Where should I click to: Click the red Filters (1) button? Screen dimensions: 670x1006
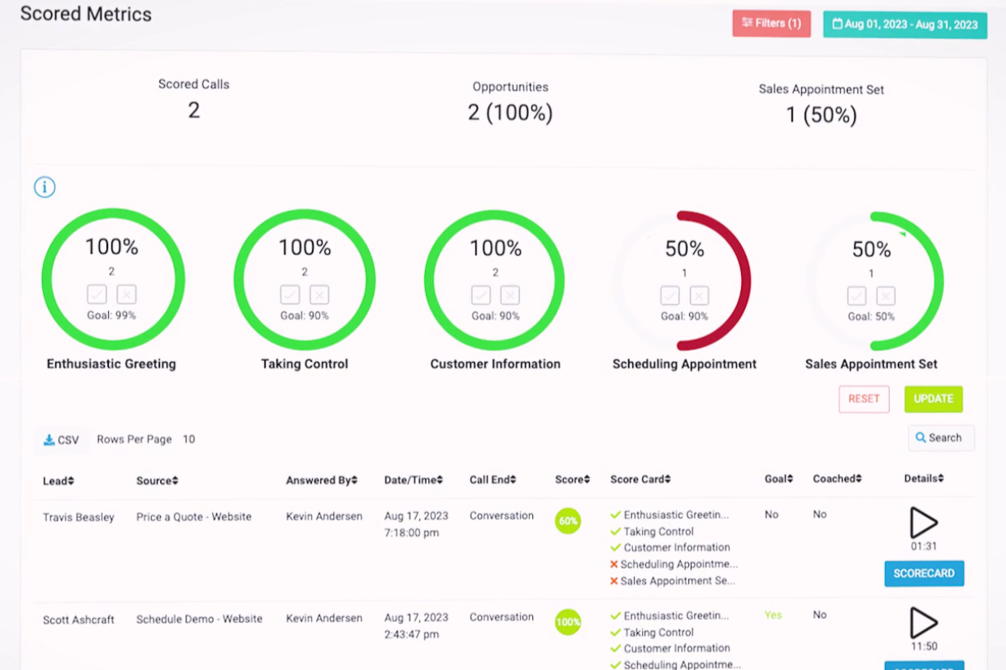click(x=771, y=24)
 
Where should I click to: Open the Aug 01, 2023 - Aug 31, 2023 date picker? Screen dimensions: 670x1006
click(x=904, y=24)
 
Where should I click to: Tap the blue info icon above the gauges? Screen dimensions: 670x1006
click(x=45, y=188)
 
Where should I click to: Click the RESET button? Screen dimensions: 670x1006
click(x=864, y=399)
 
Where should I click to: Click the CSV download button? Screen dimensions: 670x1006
click(x=62, y=440)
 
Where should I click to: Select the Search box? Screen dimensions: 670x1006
click(x=940, y=438)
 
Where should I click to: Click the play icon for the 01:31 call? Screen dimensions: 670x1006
click(x=923, y=522)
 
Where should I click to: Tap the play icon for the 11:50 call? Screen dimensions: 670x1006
click(x=923, y=623)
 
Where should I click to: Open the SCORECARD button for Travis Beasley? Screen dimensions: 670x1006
click(x=924, y=573)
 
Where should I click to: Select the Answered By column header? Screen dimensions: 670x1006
click(x=321, y=480)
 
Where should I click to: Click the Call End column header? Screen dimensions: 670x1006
click(x=492, y=480)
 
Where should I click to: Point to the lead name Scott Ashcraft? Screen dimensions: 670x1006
click(x=79, y=620)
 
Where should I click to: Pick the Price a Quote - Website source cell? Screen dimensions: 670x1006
click(x=193, y=517)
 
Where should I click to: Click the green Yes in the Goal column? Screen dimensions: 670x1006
click(x=773, y=615)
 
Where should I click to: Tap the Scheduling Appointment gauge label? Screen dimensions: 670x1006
click(x=684, y=364)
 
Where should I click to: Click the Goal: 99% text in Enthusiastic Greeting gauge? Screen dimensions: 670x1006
click(x=111, y=315)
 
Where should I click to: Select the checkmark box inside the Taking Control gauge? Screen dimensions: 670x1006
click(x=290, y=294)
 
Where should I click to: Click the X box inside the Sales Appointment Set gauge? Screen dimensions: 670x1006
click(x=886, y=296)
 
